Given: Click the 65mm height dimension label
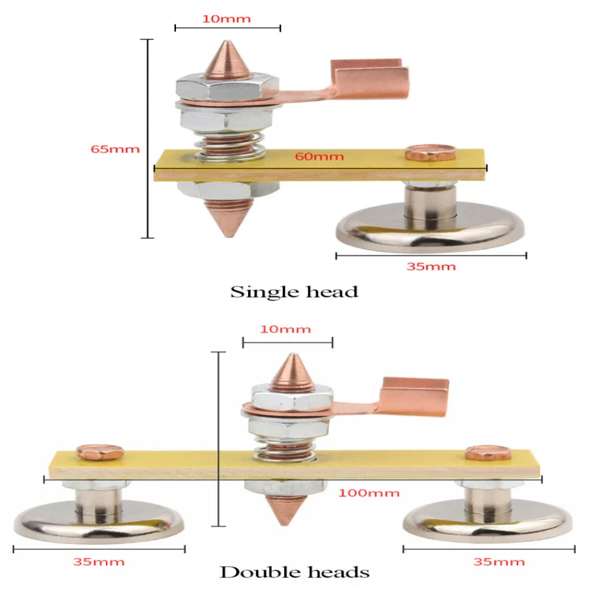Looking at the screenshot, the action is coord(115,149).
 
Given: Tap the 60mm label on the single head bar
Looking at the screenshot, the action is coord(320,156).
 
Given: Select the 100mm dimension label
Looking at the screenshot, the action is coord(369,493).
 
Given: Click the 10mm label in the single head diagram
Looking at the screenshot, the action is coord(227,19).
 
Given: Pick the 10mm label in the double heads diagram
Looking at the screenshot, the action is coord(286,329).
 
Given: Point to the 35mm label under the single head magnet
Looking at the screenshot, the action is coord(431,267).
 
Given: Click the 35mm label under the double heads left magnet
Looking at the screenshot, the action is coord(99,562).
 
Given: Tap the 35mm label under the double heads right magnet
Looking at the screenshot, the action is coord(499,562).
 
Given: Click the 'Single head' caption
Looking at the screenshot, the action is coord(294,292).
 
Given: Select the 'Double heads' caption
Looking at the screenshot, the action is coord(294,572).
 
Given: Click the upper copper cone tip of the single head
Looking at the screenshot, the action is coord(228,42).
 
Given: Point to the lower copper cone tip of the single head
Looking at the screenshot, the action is coord(228,236).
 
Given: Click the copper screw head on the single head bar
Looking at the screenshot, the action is coord(431,152).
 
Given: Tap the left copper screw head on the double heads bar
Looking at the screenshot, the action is coord(99,452).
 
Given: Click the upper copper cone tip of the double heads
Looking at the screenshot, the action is coord(293,355).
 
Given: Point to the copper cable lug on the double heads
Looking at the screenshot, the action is coord(413,398).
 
